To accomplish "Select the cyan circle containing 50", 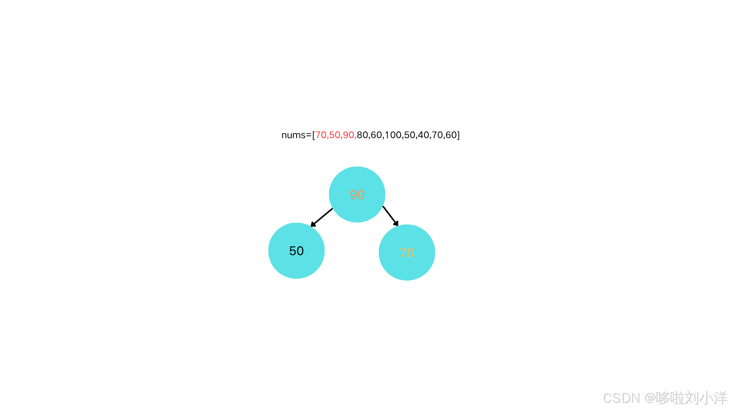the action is [296, 266].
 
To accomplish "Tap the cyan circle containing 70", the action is [407, 268].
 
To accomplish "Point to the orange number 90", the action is [357, 195].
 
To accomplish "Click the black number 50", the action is [296, 251].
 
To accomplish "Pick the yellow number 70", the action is [407, 253].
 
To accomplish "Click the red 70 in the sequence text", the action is [321, 135].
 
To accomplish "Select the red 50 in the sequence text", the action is [335, 135].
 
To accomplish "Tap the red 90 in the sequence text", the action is [348, 135].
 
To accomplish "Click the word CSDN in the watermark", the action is [621, 398].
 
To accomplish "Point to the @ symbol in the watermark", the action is [649, 398].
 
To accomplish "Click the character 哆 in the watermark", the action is [662, 397].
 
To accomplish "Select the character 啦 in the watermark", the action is [676, 397].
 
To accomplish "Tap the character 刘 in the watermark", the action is [691, 397].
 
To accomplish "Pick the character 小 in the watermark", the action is [705, 397].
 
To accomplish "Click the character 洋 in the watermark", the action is [720, 397].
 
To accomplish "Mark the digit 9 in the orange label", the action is [353, 195].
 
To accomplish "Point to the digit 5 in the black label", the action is [293, 251].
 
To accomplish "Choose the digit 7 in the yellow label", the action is [403, 253].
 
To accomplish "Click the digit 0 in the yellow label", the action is [410, 253].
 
